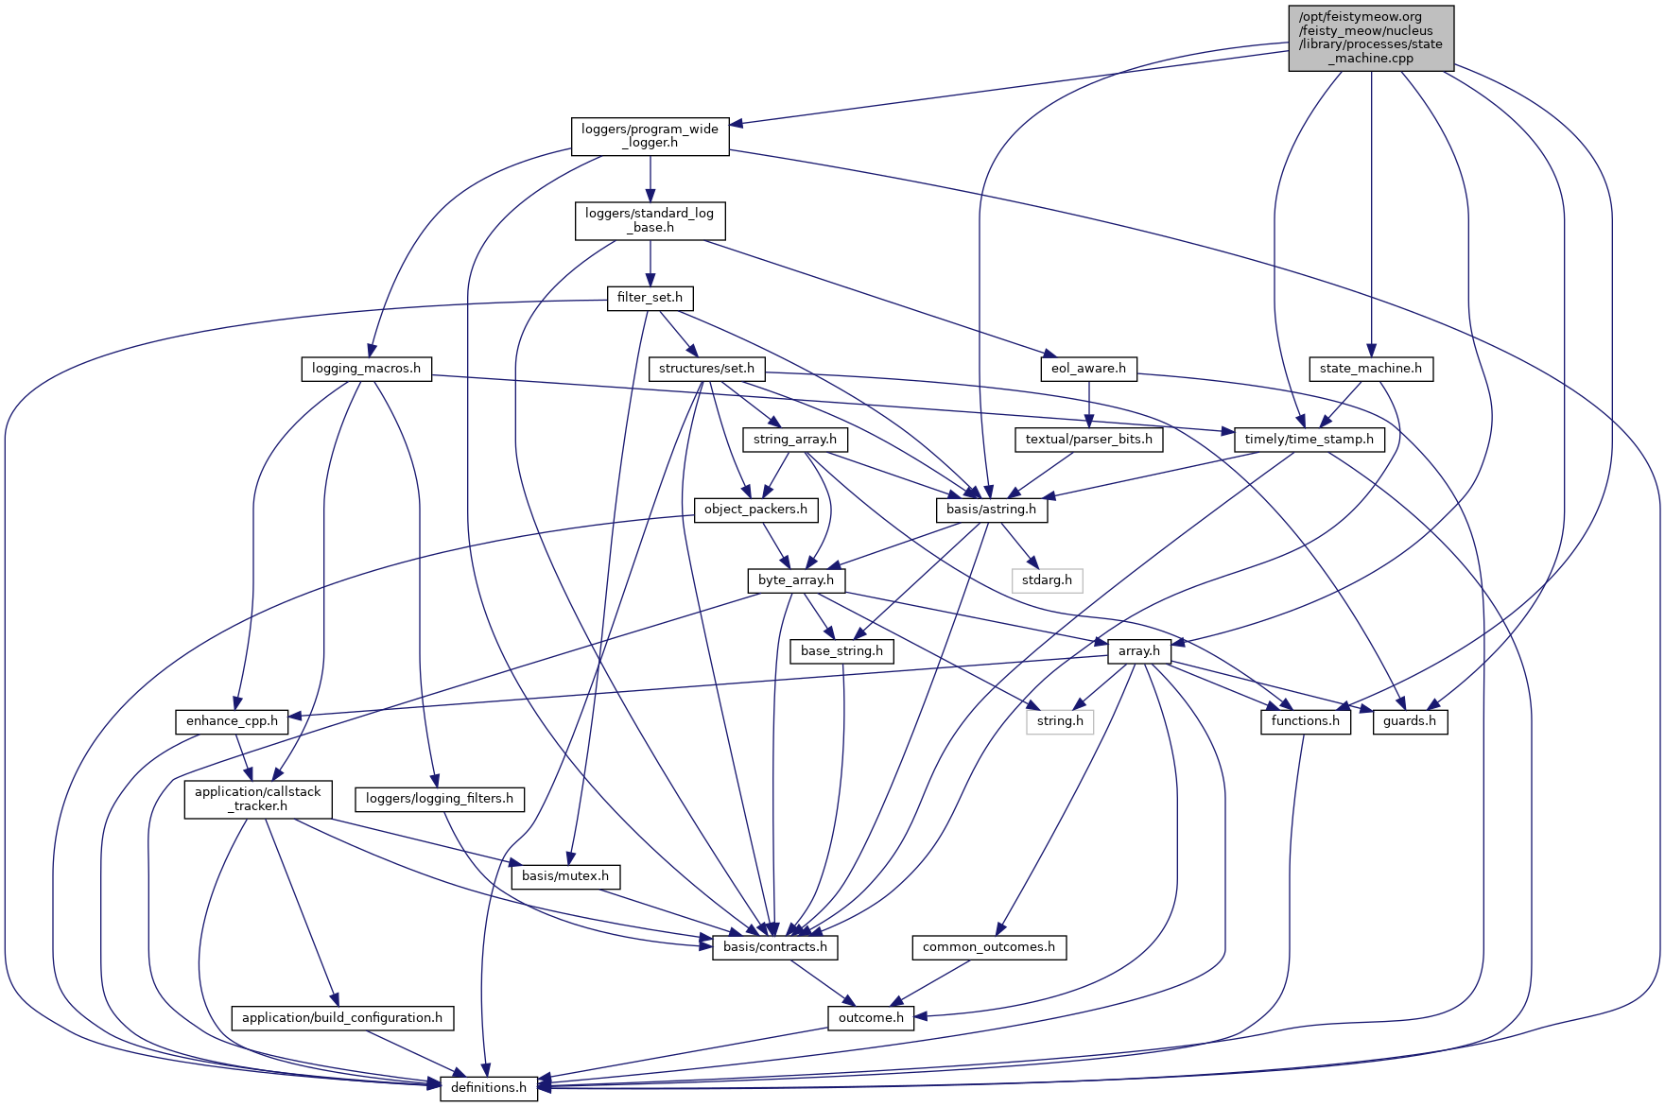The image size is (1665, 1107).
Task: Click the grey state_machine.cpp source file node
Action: (x=1370, y=38)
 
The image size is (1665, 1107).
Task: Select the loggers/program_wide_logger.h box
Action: (x=650, y=136)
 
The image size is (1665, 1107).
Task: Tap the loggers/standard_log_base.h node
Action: (x=650, y=220)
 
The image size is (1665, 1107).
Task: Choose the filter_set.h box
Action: (x=650, y=298)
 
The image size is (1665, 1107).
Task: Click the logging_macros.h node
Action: (x=366, y=369)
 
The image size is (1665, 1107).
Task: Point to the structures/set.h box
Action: (x=706, y=369)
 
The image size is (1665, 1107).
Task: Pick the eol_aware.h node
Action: (x=1088, y=369)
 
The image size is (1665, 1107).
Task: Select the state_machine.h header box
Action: (x=1370, y=369)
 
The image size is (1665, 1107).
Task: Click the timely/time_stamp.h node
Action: (x=1309, y=440)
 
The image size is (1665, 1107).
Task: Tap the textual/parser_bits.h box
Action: (x=1088, y=440)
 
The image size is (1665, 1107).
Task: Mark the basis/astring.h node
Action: (x=991, y=510)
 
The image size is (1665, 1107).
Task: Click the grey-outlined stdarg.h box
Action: (x=1047, y=580)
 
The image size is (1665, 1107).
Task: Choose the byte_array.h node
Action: (x=795, y=580)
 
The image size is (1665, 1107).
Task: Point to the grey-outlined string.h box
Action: (x=1060, y=721)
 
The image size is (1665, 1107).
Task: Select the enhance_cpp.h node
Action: (x=232, y=721)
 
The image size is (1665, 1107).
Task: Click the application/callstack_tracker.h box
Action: (x=258, y=799)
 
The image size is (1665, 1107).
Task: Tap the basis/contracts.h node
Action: (x=774, y=947)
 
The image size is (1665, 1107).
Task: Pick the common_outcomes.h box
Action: (x=988, y=947)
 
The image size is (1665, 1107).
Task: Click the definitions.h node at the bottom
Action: (x=489, y=1088)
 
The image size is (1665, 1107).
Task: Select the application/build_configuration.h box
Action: (x=342, y=1018)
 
